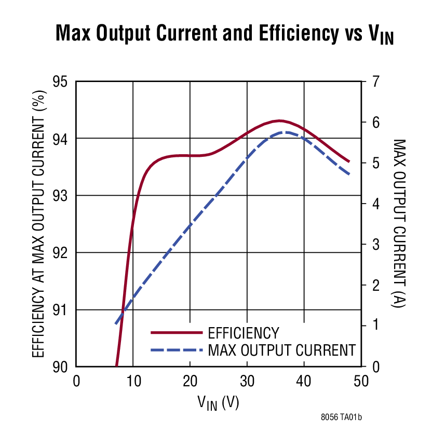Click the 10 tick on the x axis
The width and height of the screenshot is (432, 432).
pyautogui.click(x=133, y=381)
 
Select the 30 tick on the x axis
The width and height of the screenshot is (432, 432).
pyautogui.click(x=247, y=381)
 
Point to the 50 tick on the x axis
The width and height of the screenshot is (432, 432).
pyautogui.click(x=360, y=381)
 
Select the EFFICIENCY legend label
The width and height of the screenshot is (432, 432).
pyautogui.click(x=243, y=333)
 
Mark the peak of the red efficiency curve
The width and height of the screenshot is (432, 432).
pyautogui.click(x=279, y=120)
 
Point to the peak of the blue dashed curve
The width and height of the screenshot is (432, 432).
pyautogui.click(x=283, y=132)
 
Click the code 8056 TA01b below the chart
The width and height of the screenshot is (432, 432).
pyautogui.click(x=341, y=416)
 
